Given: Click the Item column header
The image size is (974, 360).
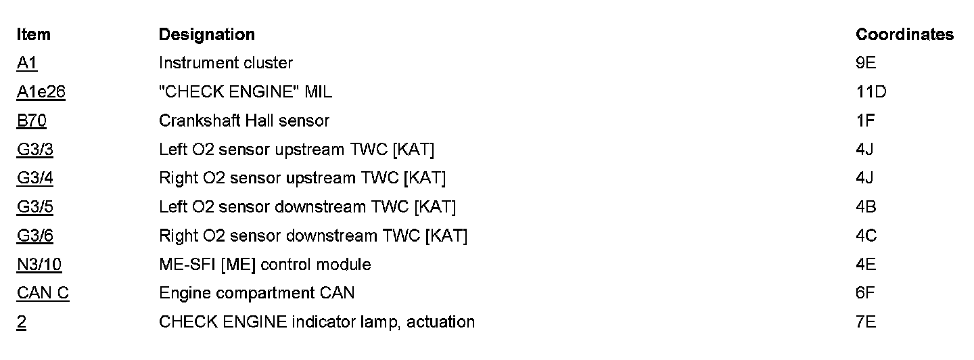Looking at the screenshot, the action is click(33, 34).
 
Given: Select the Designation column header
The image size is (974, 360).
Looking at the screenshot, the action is click(206, 34).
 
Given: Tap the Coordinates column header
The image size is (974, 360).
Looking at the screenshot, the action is click(904, 34).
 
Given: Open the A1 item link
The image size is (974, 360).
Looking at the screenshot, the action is click(27, 63).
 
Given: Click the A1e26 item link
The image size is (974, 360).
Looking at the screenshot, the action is click(41, 91).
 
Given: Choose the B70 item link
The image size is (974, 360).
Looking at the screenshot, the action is click(32, 120).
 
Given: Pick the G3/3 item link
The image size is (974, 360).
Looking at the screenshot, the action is click(34, 150).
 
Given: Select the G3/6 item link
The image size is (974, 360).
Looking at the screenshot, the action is click(34, 235).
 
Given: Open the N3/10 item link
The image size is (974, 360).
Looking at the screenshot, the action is click(39, 264).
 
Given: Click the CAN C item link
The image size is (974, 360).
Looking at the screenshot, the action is click(43, 293).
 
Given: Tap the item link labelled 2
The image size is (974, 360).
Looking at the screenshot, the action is click(22, 322).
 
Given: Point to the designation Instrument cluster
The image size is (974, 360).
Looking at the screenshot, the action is click(226, 63).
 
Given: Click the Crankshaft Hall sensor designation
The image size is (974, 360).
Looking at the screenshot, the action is click(243, 120).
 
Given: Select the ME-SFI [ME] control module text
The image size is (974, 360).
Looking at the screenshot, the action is click(264, 264).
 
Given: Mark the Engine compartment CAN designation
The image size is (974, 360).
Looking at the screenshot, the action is click(256, 293).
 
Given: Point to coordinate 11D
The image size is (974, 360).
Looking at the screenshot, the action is click(871, 91).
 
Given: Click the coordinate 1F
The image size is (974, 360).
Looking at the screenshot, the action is click(865, 120).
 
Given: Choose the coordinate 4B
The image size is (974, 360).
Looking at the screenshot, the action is click(866, 207).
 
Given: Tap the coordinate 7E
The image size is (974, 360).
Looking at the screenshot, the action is click(866, 322).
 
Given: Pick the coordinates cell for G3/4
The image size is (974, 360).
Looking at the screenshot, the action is click(864, 178).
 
